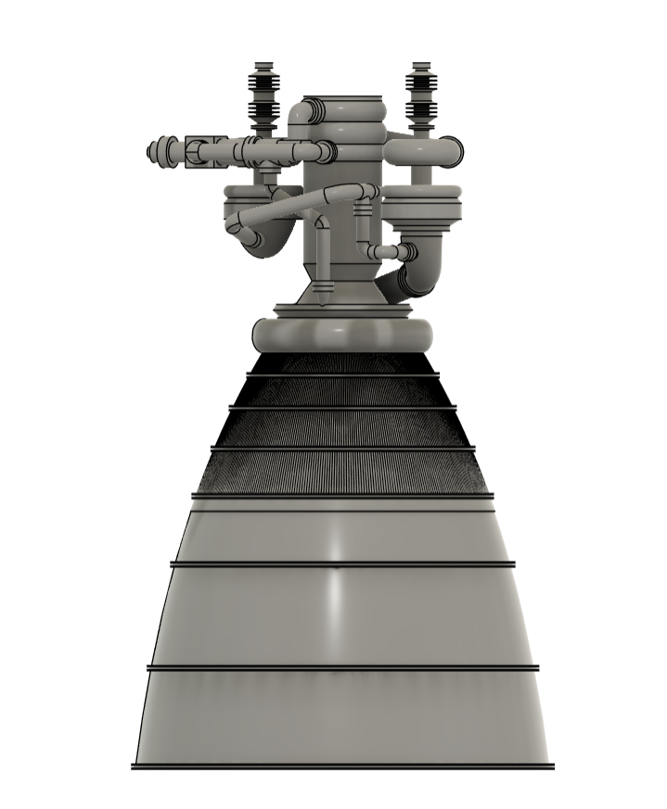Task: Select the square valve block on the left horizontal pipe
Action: click(x=199, y=152)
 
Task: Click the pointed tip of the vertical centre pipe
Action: click(x=322, y=298)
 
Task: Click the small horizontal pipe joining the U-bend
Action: click(x=383, y=251)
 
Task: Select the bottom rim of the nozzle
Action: click(x=342, y=766)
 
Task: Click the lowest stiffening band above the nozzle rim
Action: click(x=342, y=667)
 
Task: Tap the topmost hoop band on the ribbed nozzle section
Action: click(x=342, y=374)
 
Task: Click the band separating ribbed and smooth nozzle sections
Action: click(x=342, y=496)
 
